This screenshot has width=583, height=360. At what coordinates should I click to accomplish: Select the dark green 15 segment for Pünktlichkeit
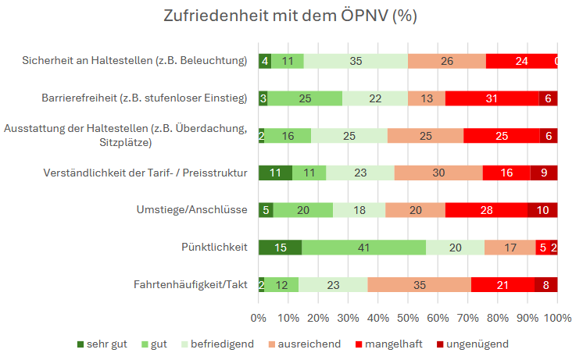[x=280, y=248]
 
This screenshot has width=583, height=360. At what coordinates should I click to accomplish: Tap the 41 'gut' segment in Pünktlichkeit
[x=363, y=248]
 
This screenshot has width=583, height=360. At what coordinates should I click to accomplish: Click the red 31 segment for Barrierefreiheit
[x=492, y=98]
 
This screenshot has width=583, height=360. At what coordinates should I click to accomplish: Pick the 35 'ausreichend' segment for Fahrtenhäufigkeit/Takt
[x=419, y=285]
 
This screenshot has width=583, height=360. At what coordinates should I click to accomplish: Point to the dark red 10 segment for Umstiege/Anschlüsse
[x=542, y=210]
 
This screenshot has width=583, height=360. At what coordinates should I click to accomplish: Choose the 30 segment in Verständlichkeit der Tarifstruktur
[x=438, y=173]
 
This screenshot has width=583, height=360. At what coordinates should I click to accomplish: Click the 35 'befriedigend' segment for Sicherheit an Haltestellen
[x=356, y=61]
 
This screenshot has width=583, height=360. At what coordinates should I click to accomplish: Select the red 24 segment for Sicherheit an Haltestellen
[x=521, y=61]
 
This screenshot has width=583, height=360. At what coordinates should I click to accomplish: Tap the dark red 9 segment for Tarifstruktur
[x=544, y=173]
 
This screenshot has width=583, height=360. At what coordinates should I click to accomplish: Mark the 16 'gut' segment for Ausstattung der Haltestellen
[x=287, y=135]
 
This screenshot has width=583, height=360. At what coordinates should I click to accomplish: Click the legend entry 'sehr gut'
[x=102, y=344]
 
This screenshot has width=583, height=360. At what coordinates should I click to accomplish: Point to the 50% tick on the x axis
[x=408, y=318]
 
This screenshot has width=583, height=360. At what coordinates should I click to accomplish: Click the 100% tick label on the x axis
[x=556, y=318]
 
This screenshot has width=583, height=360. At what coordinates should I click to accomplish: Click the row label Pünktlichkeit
[x=214, y=248]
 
